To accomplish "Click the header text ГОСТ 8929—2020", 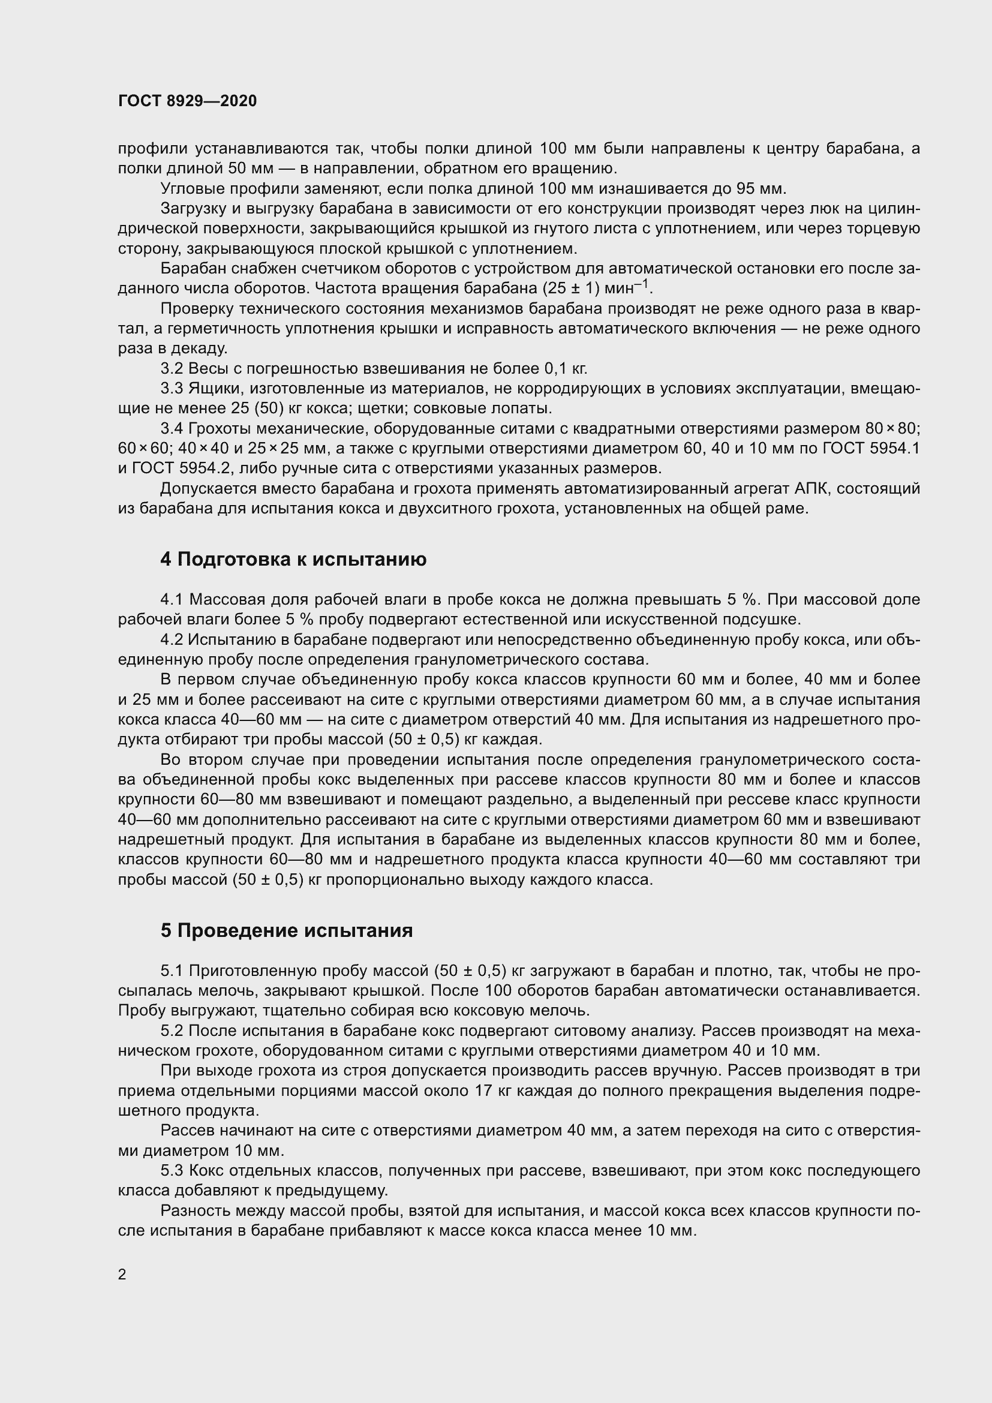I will [x=188, y=101].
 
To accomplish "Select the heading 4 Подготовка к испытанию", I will [x=293, y=559].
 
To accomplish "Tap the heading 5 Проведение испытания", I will [x=287, y=931].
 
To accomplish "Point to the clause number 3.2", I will [x=172, y=368].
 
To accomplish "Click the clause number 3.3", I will [x=172, y=389].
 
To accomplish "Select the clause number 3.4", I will [x=172, y=429].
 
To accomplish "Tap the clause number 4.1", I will [x=172, y=599].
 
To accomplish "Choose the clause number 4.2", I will [x=172, y=640].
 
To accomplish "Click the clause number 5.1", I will [x=172, y=971].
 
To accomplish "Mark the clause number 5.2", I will [x=172, y=1031].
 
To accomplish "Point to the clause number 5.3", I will [x=172, y=1171].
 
